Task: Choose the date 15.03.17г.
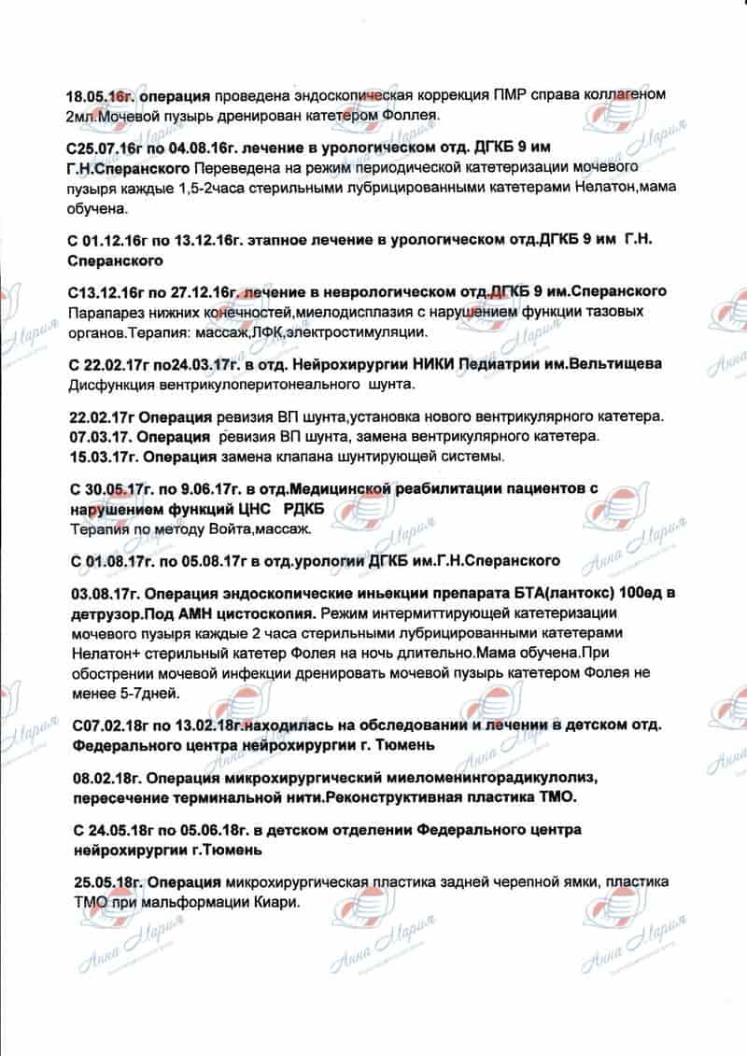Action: (104, 457)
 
